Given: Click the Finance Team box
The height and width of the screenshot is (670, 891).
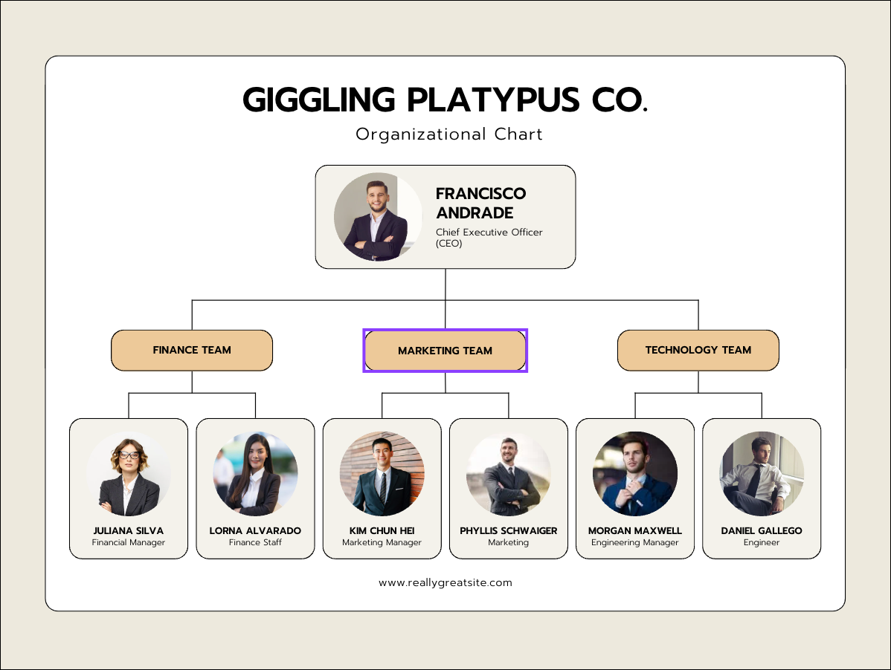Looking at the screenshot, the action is (x=192, y=350).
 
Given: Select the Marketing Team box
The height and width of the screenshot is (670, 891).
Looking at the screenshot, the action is (x=445, y=351).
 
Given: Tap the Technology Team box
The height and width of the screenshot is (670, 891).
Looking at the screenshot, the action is (x=698, y=350).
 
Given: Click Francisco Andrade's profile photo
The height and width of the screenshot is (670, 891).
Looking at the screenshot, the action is (x=370, y=216).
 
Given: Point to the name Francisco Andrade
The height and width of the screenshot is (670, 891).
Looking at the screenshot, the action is (x=480, y=203).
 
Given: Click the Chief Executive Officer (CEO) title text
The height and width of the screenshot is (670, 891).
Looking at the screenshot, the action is (x=489, y=237).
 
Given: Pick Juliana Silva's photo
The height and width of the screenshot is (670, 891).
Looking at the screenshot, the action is (x=129, y=474).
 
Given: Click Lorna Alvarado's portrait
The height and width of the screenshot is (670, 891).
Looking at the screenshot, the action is (x=255, y=474).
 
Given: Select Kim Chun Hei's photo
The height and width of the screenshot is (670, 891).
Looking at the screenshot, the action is (x=382, y=474).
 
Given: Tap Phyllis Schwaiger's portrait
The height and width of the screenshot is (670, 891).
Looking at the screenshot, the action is (x=509, y=474).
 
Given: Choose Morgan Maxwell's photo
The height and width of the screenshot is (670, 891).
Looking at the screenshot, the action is (x=635, y=474).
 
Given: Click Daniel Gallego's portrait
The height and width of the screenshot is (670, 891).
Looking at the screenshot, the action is (x=762, y=474).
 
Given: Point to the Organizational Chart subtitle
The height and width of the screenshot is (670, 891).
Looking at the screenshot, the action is (x=449, y=134).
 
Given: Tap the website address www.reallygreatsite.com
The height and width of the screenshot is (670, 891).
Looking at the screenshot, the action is (x=445, y=582).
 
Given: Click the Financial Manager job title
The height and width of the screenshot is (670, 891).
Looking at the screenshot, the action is (x=129, y=542).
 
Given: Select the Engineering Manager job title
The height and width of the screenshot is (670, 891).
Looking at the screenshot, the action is (x=635, y=542).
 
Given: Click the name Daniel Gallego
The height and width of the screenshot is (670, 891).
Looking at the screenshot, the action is (x=762, y=530).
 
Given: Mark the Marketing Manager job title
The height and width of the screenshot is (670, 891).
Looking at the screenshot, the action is (x=382, y=542).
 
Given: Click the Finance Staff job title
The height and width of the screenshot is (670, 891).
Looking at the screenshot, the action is (x=255, y=542).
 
